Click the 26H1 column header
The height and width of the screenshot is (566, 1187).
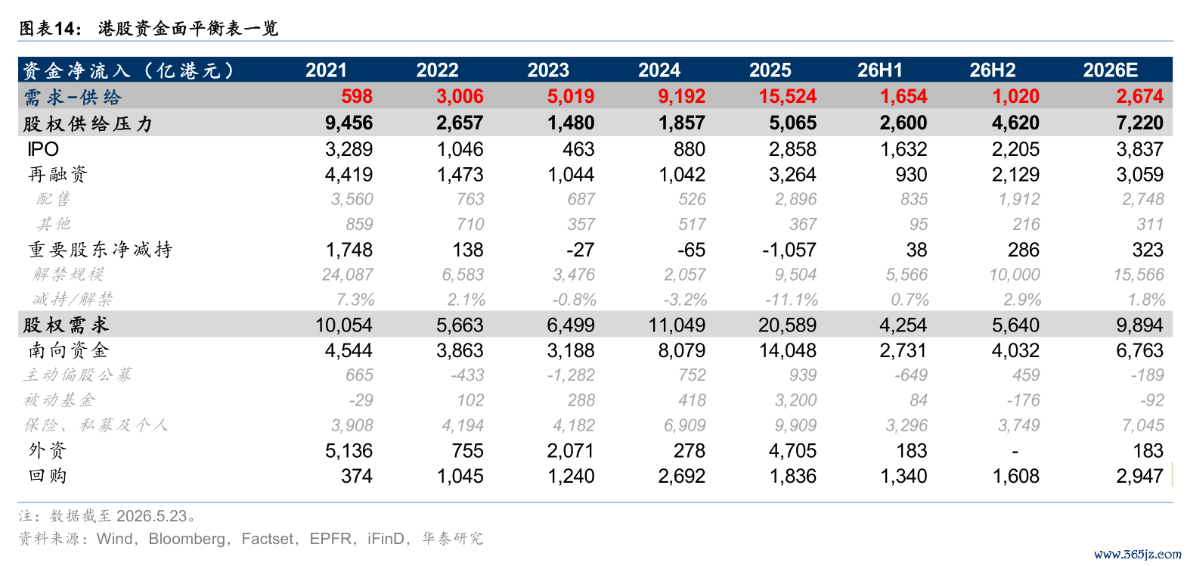(879, 70)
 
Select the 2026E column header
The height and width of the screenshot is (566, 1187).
(1110, 70)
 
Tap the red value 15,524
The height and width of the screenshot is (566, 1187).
(788, 96)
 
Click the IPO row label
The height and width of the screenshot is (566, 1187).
(43, 149)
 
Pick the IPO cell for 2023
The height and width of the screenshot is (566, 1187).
(578, 149)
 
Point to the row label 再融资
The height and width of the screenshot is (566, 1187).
(57, 174)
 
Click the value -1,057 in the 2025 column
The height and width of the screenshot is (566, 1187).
(789, 250)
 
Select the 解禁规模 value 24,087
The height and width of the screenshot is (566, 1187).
(347, 274)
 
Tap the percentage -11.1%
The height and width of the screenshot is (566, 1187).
(791, 300)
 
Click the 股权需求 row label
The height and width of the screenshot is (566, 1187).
(67, 325)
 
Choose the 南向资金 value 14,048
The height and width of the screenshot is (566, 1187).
(788, 350)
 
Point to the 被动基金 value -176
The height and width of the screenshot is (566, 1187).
(1023, 400)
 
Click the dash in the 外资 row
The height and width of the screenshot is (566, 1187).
(1015, 451)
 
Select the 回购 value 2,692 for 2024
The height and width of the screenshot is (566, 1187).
(681, 476)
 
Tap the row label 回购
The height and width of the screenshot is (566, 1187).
(47, 475)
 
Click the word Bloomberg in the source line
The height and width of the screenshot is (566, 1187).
(187, 539)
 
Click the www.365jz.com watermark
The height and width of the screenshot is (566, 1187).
(1138, 555)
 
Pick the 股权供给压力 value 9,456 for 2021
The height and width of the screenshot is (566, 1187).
(349, 123)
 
